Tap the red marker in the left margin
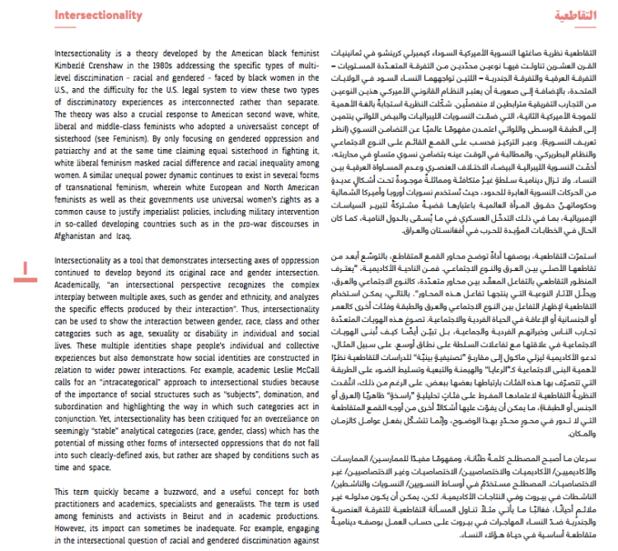point(26,266)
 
